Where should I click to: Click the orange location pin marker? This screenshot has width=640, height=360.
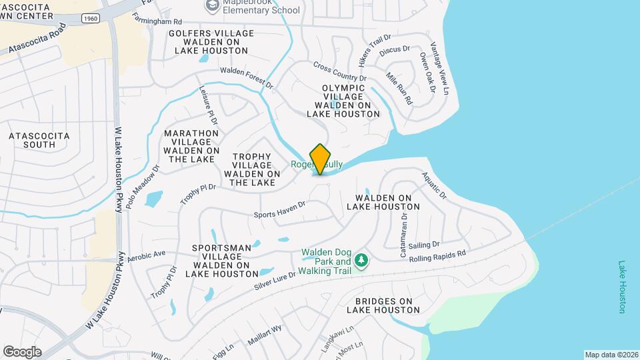pyautogui.click(x=321, y=159)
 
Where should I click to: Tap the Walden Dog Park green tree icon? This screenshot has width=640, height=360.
pyautogui.click(x=361, y=259)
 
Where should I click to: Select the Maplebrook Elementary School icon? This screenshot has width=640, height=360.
pyautogui.click(x=213, y=7)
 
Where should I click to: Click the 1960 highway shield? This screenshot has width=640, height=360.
pyautogui.click(x=93, y=18)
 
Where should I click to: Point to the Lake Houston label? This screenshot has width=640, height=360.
pyautogui.click(x=622, y=287)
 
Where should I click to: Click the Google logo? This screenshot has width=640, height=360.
pyautogui.click(x=22, y=351)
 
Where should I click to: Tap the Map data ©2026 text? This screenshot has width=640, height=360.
pyautogui.click(x=611, y=354)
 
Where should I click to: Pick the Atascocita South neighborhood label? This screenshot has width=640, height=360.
pyautogui.click(x=39, y=140)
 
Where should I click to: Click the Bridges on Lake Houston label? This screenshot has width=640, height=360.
pyautogui.click(x=383, y=305)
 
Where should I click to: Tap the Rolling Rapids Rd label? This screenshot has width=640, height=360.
pyautogui.click(x=437, y=257)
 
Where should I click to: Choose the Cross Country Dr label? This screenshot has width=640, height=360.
pyautogui.click(x=339, y=73)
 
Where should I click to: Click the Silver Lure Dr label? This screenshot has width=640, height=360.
pyautogui.click(x=275, y=279)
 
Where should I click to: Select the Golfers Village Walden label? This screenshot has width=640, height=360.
pyautogui.click(x=211, y=41)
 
